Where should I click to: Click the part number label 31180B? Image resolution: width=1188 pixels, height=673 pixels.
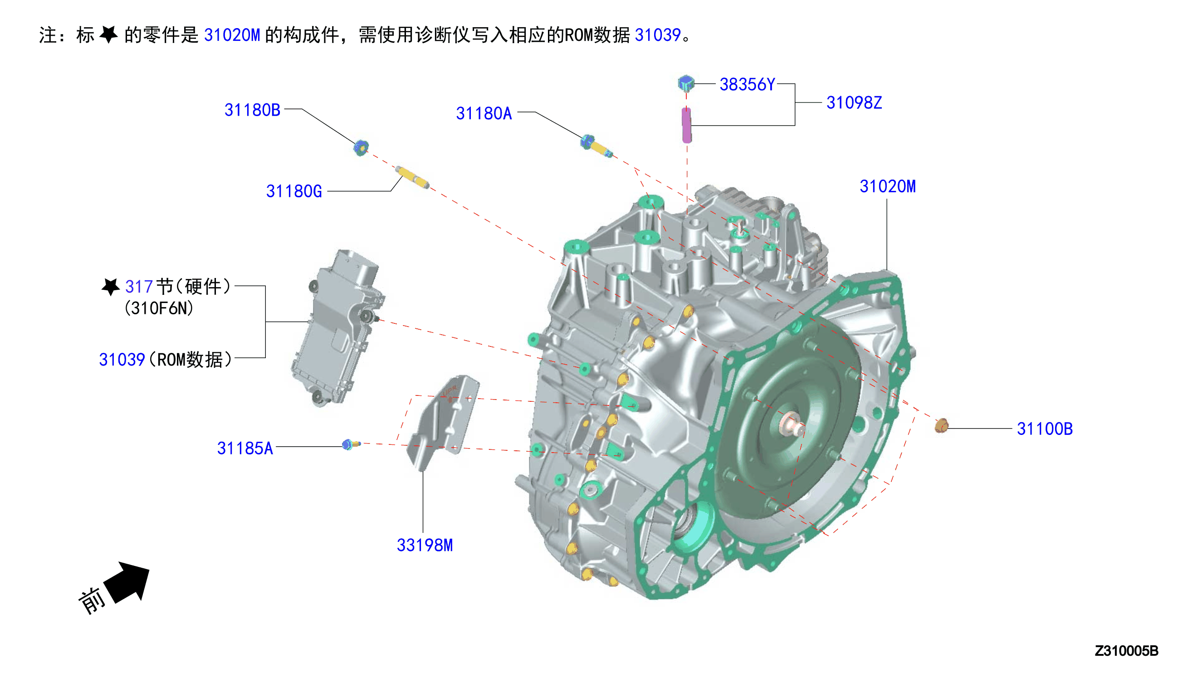pyautogui.click(x=252, y=110)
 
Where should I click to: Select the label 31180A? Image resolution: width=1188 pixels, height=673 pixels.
pyautogui.click(x=484, y=113)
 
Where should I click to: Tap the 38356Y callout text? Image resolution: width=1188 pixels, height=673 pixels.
pyautogui.click(x=747, y=84)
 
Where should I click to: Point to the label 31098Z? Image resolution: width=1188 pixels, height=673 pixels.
pyautogui.click(x=854, y=102)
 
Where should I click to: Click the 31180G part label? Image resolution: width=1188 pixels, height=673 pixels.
pyautogui.click(x=294, y=191)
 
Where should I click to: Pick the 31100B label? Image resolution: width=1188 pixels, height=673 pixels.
pyautogui.click(x=1045, y=429)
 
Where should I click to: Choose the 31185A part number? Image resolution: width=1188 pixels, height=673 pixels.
pyautogui.click(x=245, y=448)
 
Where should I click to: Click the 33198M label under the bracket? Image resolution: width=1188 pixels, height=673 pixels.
pyautogui.click(x=425, y=545)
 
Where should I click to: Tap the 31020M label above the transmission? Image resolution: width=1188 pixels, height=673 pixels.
pyautogui.click(x=888, y=186)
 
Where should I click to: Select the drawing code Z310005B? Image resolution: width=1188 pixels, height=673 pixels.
pyautogui.click(x=1126, y=651)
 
